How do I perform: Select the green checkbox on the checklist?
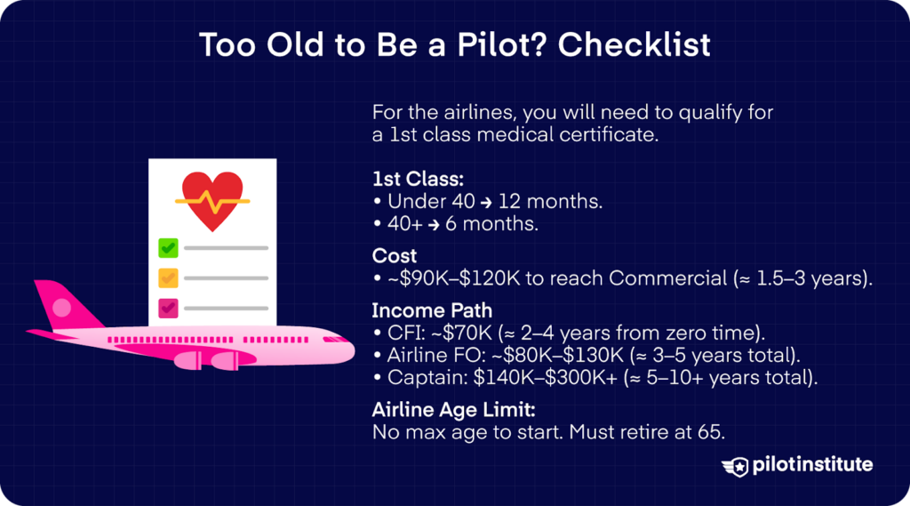click(x=168, y=247)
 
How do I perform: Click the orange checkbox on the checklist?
click(x=168, y=278)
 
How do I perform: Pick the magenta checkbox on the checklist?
click(x=168, y=309)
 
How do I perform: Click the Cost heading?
click(x=395, y=255)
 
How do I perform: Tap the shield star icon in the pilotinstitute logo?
click(x=737, y=466)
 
